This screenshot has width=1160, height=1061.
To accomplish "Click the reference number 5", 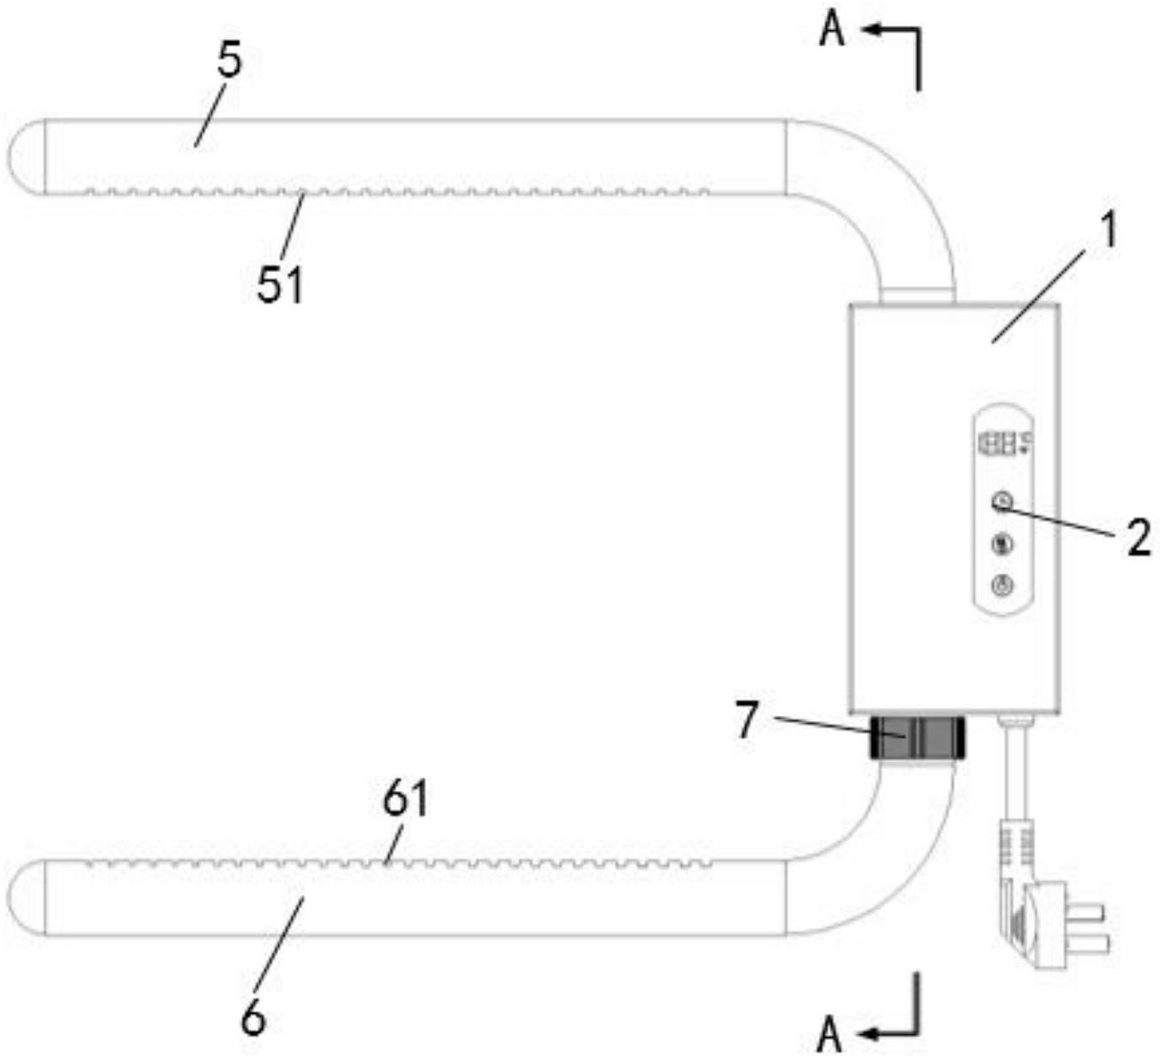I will pyautogui.click(x=228, y=63).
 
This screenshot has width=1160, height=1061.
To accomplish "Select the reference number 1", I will pyautogui.click(x=1109, y=231).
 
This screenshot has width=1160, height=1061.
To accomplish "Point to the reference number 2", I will pyautogui.click(x=1138, y=539).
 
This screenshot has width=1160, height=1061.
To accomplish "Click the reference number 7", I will pyautogui.click(x=747, y=720).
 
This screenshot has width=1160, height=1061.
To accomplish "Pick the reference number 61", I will pyautogui.click(x=405, y=799).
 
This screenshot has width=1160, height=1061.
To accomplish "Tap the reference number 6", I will pyautogui.click(x=253, y=1019).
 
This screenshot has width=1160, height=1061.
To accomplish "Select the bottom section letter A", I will pyautogui.click(x=829, y=1034).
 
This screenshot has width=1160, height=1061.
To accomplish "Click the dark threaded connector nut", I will pyautogui.click(x=918, y=737).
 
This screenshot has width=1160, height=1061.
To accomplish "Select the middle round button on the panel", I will pyautogui.click(x=1003, y=543).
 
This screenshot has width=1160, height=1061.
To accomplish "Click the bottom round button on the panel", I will pyautogui.click(x=1003, y=586).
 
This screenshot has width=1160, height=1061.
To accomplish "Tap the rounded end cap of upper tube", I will pyautogui.click(x=26, y=157).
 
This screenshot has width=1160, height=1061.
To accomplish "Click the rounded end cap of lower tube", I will pyautogui.click(x=26, y=897).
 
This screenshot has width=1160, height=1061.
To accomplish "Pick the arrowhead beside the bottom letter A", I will pyautogui.click(x=867, y=1034).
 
